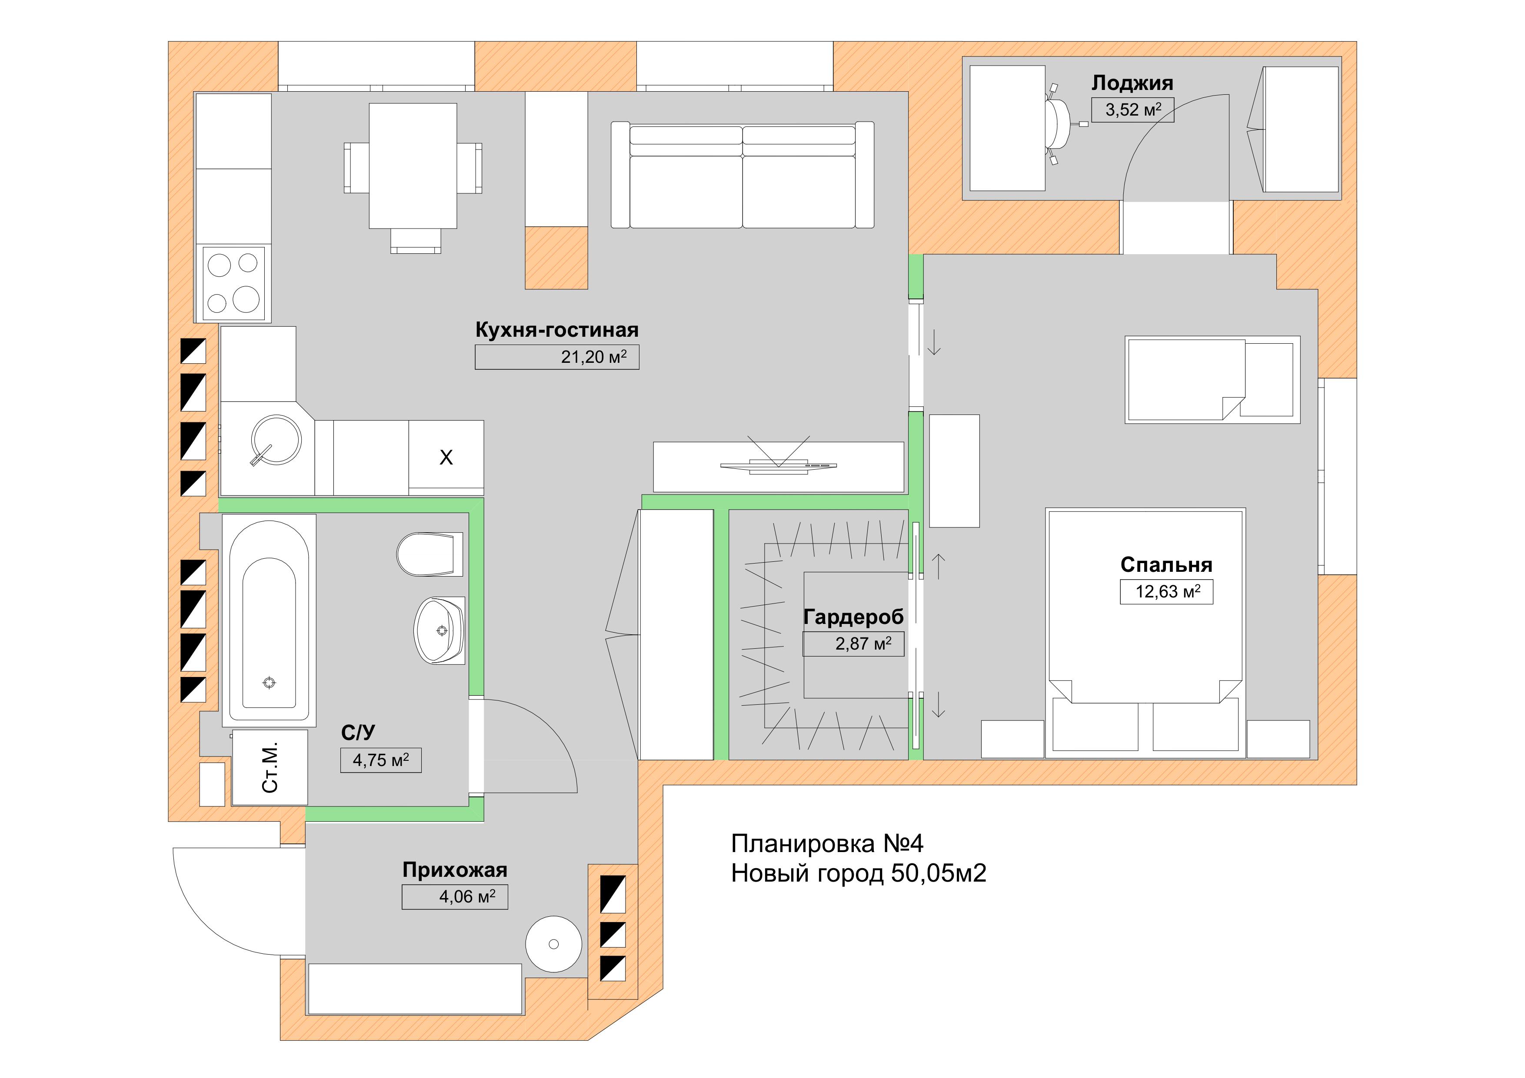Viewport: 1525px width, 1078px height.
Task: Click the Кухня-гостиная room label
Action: pyautogui.click(x=556, y=330)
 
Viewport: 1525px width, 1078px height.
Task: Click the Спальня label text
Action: pyautogui.click(x=1166, y=565)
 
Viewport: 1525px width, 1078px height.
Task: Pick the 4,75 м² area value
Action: pyautogui.click(x=380, y=760)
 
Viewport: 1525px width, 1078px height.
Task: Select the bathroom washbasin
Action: pyautogui.click(x=439, y=630)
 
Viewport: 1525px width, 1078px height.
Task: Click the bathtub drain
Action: pyautogui.click(x=269, y=682)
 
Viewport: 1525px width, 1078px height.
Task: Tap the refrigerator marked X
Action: pyautogui.click(x=446, y=458)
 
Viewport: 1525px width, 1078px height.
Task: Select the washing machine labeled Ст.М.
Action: pyautogui.click(x=270, y=767)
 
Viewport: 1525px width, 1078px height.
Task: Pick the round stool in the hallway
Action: pyautogui.click(x=553, y=944)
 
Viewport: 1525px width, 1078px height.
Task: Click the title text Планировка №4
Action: pyautogui.click(x=827, y=844)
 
